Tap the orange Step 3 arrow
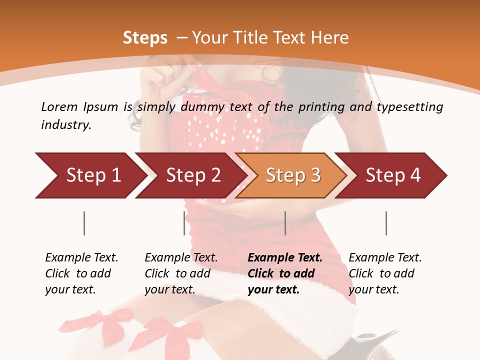pyautogui.click(x=293, y=175)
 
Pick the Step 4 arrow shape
pyautogui.click(x=393, y=175)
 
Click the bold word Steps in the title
pyautogui.click(x=145, y=38)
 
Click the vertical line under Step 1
pyautogui.click(x=84, y=223)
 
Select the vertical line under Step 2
pyautogui.click(x=184, y=223)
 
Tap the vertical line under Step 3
pyautogui.click(x=285, y=223)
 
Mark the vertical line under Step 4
pyautogui.click(x=386, y=223)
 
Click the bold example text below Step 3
pyautogui.click(x=284, y=273)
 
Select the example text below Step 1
pyautogui.click(x=81, y=273)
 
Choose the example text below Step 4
pyautogui.click(x=385, y=273)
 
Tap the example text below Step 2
pyautogui.click(x=181, y=273)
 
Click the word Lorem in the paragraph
pyautogui.click(x=59, y=106)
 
